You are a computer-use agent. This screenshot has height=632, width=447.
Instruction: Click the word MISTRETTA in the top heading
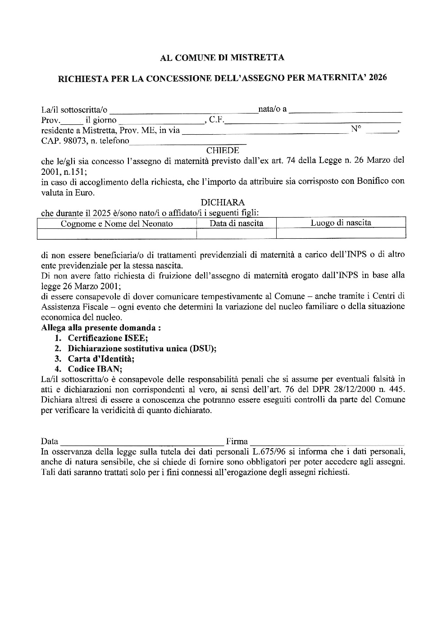click(257, 58)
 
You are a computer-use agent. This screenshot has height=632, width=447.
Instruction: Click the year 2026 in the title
click(377, 77)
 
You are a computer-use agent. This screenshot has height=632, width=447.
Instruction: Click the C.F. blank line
click(313, 121)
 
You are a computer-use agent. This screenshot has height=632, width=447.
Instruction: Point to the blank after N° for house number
click(381, 131)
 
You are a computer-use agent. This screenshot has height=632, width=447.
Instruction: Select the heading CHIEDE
click(223, 151)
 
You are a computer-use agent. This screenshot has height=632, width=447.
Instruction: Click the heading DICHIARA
click(223, 203)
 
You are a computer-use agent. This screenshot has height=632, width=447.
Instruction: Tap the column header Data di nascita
click(237, 223)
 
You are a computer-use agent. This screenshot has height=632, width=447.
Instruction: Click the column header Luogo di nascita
click(341, 223)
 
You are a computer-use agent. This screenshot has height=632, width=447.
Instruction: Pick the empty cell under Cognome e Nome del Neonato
click(117, 233)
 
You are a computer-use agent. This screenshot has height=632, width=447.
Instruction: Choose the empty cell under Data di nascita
click(237, 233)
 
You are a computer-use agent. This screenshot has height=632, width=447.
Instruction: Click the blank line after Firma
click(327, 442)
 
